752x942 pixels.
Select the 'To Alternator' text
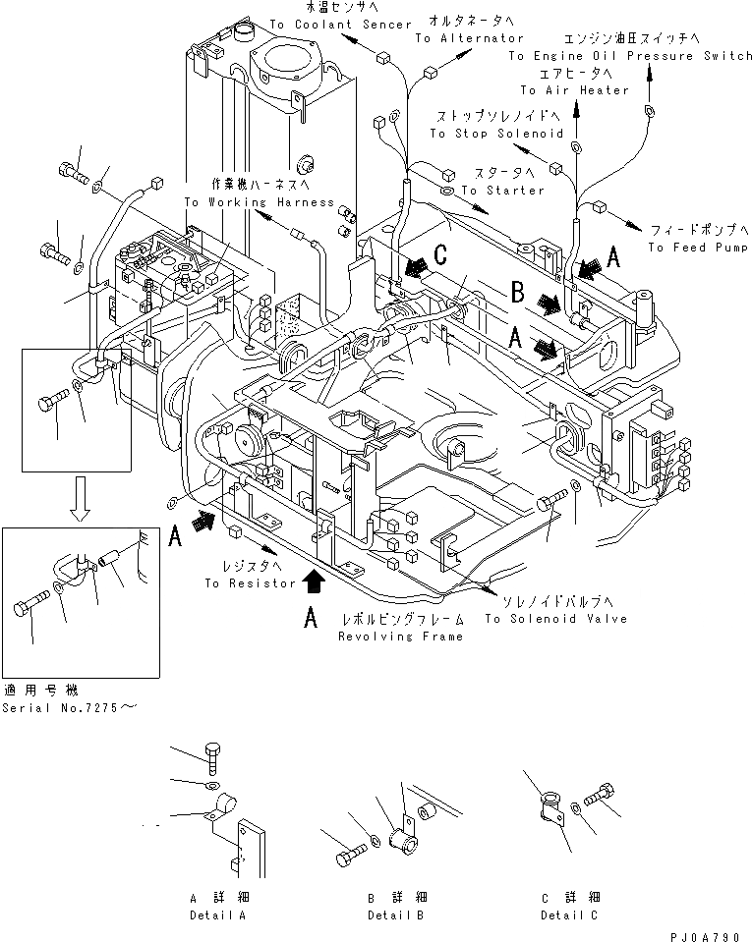click(469, 38)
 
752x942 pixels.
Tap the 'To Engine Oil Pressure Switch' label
click(629, 56)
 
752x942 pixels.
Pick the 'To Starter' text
click(502, 190)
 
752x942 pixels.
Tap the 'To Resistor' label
click(250, 582)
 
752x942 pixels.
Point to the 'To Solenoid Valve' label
click(554, 619)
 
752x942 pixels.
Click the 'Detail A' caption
click(217, 914)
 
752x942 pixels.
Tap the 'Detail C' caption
click(567, 914)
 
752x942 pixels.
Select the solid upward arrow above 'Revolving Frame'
click(313, 582)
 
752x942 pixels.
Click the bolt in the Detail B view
click(350, 858)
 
